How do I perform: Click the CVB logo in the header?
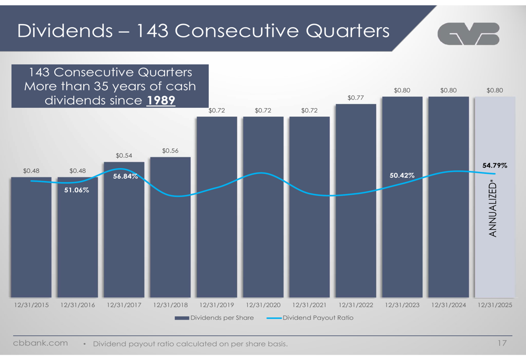[468, 34]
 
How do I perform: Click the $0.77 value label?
[356, 98]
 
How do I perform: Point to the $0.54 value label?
[124, 155]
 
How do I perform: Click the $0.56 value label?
[170, 151]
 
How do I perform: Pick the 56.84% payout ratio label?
[125, 177]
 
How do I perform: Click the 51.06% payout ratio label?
[77, 190]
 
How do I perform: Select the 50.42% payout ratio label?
[402, 175]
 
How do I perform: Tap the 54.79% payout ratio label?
[494, 166]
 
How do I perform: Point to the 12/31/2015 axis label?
[31, 305]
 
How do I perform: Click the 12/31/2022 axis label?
[356, 305]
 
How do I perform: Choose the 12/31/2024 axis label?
[448, 305]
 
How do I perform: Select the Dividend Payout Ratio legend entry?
[310, 318]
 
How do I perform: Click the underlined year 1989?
[160, 100]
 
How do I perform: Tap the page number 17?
[501, 344]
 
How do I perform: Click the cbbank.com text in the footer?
[41, 343]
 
